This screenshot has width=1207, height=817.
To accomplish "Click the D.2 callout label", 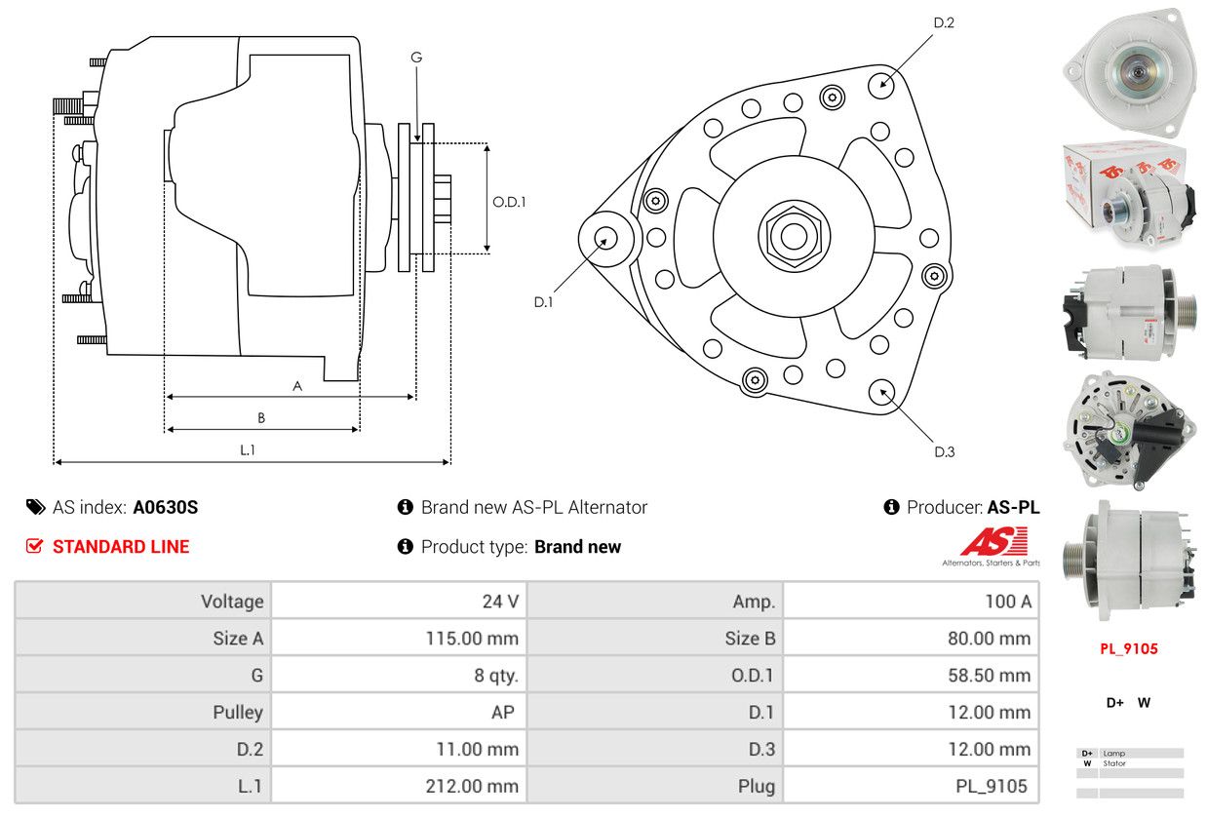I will point(943,22).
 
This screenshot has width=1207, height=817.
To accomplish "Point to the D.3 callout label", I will point(944,451).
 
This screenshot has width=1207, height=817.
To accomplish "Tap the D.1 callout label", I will point(543,302).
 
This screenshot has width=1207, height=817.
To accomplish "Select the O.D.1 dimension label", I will point(509,202).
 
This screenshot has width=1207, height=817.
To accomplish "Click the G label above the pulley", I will point(416,58).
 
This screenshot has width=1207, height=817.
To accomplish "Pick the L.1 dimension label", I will point(248,449).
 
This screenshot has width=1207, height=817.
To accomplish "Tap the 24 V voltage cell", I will point(500,601).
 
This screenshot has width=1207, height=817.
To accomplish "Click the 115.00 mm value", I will point(473,639).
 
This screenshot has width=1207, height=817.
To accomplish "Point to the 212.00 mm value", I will point(473,786).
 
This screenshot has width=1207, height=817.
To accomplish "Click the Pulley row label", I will point(238,712).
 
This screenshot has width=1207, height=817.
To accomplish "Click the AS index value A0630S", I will point(166,507).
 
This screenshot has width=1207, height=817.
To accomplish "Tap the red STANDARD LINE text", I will point(121,547).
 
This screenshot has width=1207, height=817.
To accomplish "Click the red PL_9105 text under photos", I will point(1128,648).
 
